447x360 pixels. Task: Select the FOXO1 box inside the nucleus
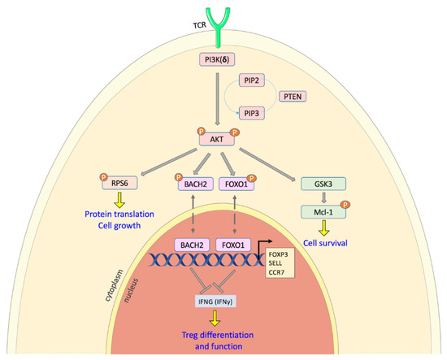tap(234, 245)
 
